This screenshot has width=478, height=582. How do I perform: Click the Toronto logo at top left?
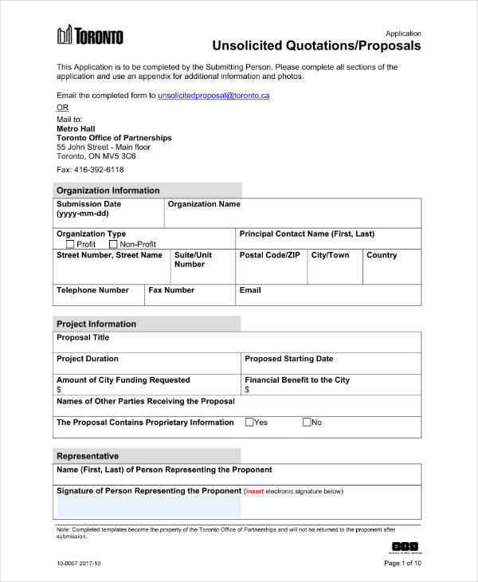point(90,36)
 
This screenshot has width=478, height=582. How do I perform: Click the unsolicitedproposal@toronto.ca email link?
point(214,95)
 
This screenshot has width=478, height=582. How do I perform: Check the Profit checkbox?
point(70,244)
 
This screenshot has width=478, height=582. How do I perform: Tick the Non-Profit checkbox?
point(113,244)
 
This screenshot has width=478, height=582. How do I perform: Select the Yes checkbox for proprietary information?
point(249,423)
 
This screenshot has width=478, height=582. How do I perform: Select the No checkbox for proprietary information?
point(307,423)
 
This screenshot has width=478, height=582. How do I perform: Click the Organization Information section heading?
point(108,191)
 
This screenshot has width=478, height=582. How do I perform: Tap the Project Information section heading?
point(96,324)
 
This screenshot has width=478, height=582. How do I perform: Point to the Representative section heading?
point(88,456)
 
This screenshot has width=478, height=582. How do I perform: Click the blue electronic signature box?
point(148,507)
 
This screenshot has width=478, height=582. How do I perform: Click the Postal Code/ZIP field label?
point(269,255)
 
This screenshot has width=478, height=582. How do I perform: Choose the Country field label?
point(381,255)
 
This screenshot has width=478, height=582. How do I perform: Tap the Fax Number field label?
point(171,290)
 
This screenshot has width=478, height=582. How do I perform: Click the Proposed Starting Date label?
point(288,359)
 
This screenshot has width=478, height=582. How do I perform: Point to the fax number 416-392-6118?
point(90,170)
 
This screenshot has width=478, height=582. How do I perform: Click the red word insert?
point(255,491)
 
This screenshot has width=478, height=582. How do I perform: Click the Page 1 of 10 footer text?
point(402,563)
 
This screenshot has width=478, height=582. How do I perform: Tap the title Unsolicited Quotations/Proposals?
point(315,46)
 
